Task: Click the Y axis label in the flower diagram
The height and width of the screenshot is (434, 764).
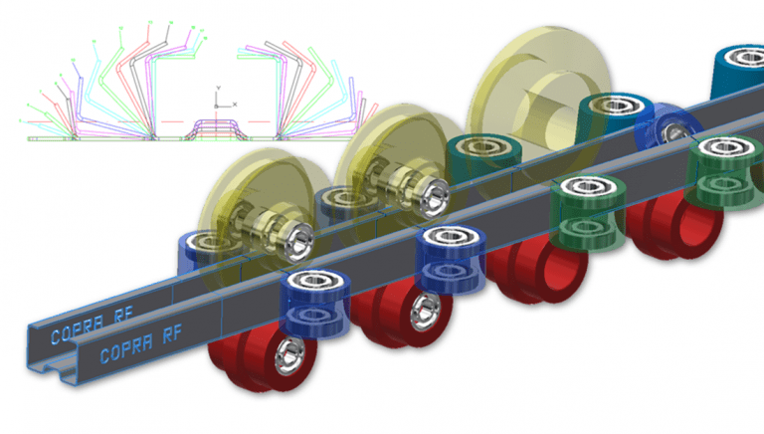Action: (x=216, y=87)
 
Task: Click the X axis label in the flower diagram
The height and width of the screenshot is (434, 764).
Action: (x=234, y=103)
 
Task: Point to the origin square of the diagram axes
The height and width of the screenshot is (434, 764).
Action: (x=217, y=105)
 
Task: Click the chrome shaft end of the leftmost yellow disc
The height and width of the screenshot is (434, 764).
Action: (x=295, y=236)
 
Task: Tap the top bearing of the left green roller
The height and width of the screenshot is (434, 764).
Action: (x=576, y=189)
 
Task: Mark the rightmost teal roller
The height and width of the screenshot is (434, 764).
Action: (x=736, y=75)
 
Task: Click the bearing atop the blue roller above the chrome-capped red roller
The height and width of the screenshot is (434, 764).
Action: (x=308, y=285)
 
